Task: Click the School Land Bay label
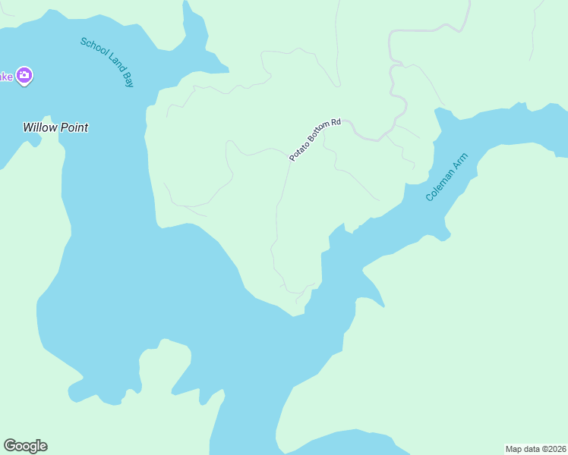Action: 107,61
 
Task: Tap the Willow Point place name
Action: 55,127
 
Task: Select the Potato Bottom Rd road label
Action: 315,138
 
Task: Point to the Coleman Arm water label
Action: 447,177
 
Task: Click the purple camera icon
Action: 24,75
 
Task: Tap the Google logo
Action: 25,446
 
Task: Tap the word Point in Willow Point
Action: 73,127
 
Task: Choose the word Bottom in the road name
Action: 318,135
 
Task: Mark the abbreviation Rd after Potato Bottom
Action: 336,121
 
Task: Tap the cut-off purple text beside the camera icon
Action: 5,76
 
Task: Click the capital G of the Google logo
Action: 10,445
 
